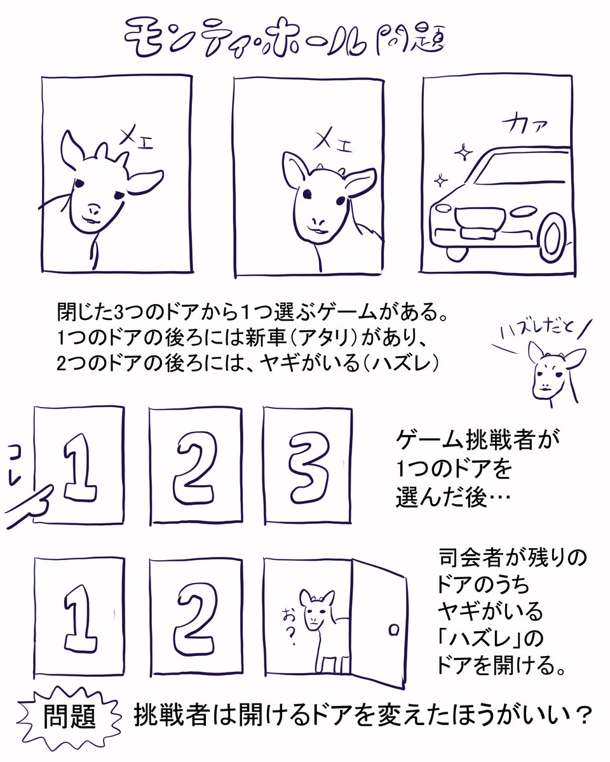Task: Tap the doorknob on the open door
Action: point(394,630)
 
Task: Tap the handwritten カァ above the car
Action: point(525,125)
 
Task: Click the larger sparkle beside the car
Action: point(463,152)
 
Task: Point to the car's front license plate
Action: point(478,233)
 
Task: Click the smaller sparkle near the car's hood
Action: point(441,180)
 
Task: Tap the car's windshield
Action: point(521,166)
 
